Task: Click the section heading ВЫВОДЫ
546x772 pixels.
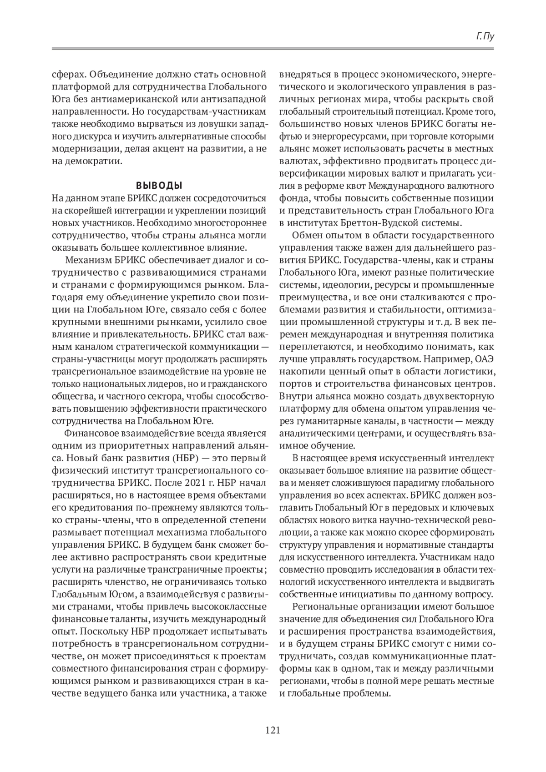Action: point(159,186)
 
